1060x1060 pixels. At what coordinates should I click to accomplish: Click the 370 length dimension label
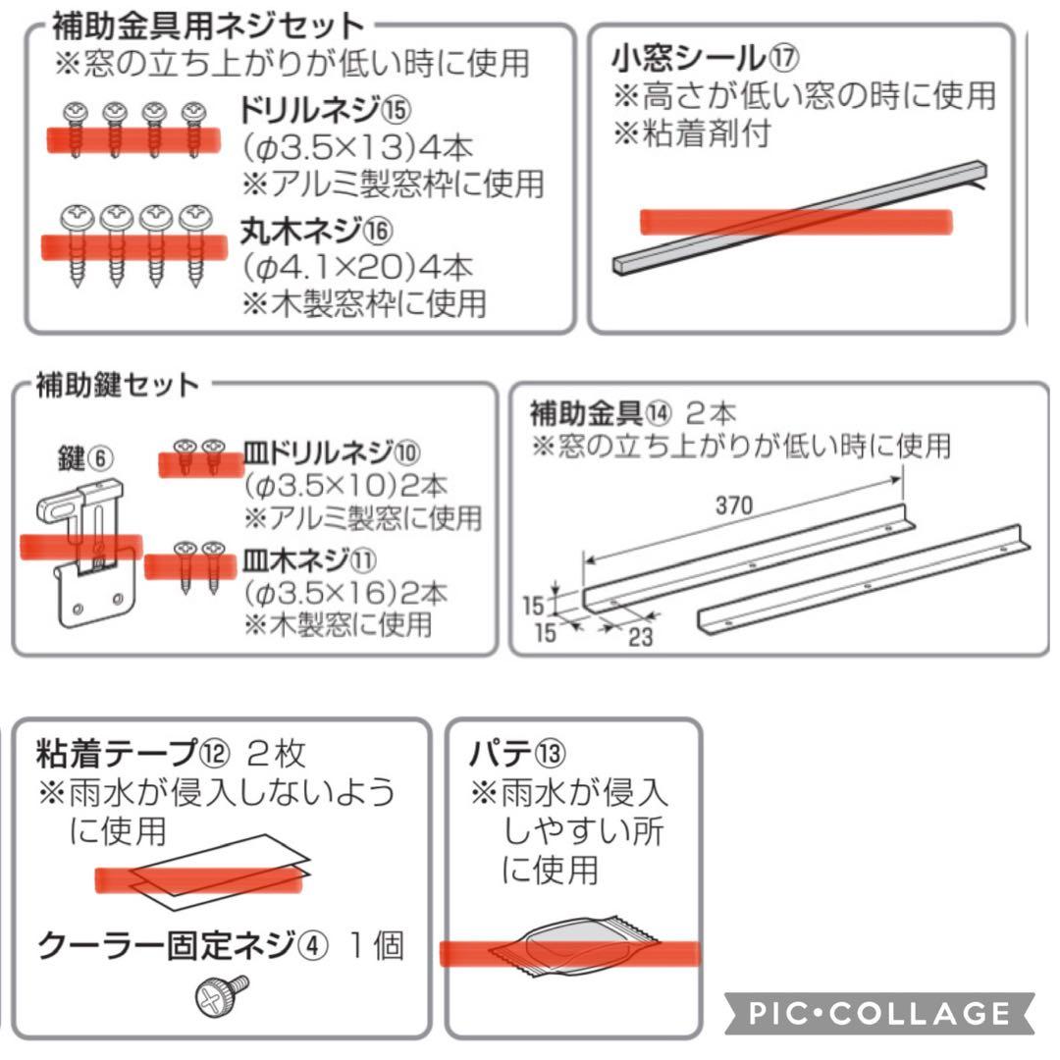pyautogui.click(x=734, y=505)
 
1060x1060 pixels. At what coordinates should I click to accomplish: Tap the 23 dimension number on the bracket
pyautogui.click(x=641, y=637)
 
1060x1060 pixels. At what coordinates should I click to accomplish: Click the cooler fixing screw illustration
pyautogui.click(x=222, y=995)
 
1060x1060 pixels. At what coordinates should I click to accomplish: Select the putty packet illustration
pyautogui.click(x=573, y=946)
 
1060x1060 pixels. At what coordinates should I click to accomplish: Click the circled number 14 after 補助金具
pyautogui.click(x=659, y=412)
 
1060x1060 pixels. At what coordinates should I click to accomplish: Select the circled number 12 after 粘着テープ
pyautogui.click(x=215, y=753)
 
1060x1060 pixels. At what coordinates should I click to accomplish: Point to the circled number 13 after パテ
pyautogui.click(x=551, y=753)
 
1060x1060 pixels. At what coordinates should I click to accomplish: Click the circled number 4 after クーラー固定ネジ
pyautogui.click(x=312, y=945)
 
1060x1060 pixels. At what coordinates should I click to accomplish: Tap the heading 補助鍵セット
pyautogui.click(x=117, y=385)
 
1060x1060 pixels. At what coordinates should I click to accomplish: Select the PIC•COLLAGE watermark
pyautogui.click(x=878, y=1013)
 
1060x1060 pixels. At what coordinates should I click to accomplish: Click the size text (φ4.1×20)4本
pyautogui.click(x=357, y=267)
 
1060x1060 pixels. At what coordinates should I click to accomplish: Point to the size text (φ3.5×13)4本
pyautogui.click(x=357, y=146)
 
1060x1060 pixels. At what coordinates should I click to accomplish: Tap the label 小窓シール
pyautogui.click(x=687, y=58)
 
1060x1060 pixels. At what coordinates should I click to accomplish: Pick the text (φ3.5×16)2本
pyautogui.click(x=345, y=592)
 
